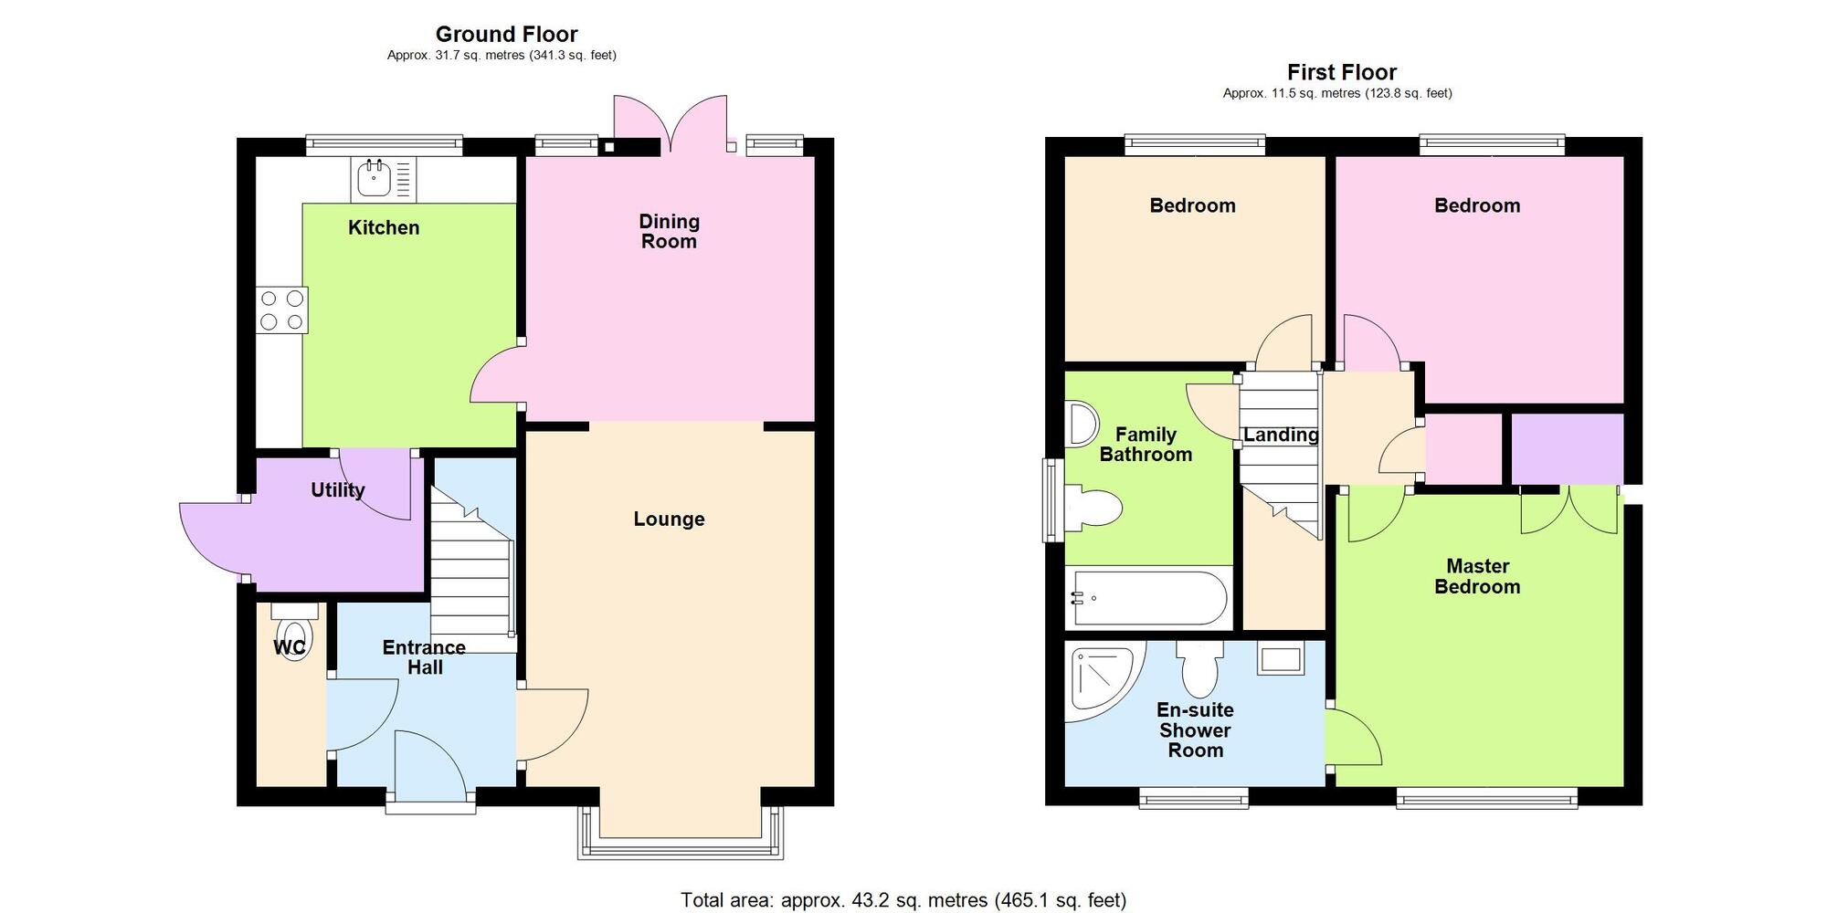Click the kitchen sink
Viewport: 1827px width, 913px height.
[374, 178]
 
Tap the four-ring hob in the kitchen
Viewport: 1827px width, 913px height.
[281, 310]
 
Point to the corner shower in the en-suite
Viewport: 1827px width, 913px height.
[1101, 680]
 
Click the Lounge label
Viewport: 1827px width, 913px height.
[669, 519]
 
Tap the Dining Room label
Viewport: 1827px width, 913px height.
[669, 231]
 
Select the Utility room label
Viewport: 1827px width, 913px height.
[337, 490]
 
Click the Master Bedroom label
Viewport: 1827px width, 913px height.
[1477, 576]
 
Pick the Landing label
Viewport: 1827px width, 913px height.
[1281, 436]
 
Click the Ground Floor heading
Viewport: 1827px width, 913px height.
[506, 35]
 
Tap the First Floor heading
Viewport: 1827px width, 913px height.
[1341, 72]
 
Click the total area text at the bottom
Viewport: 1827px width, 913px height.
[903, 900]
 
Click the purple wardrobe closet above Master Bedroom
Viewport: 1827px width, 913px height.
[1567, 448]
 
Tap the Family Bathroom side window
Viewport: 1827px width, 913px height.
[1051, 500]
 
